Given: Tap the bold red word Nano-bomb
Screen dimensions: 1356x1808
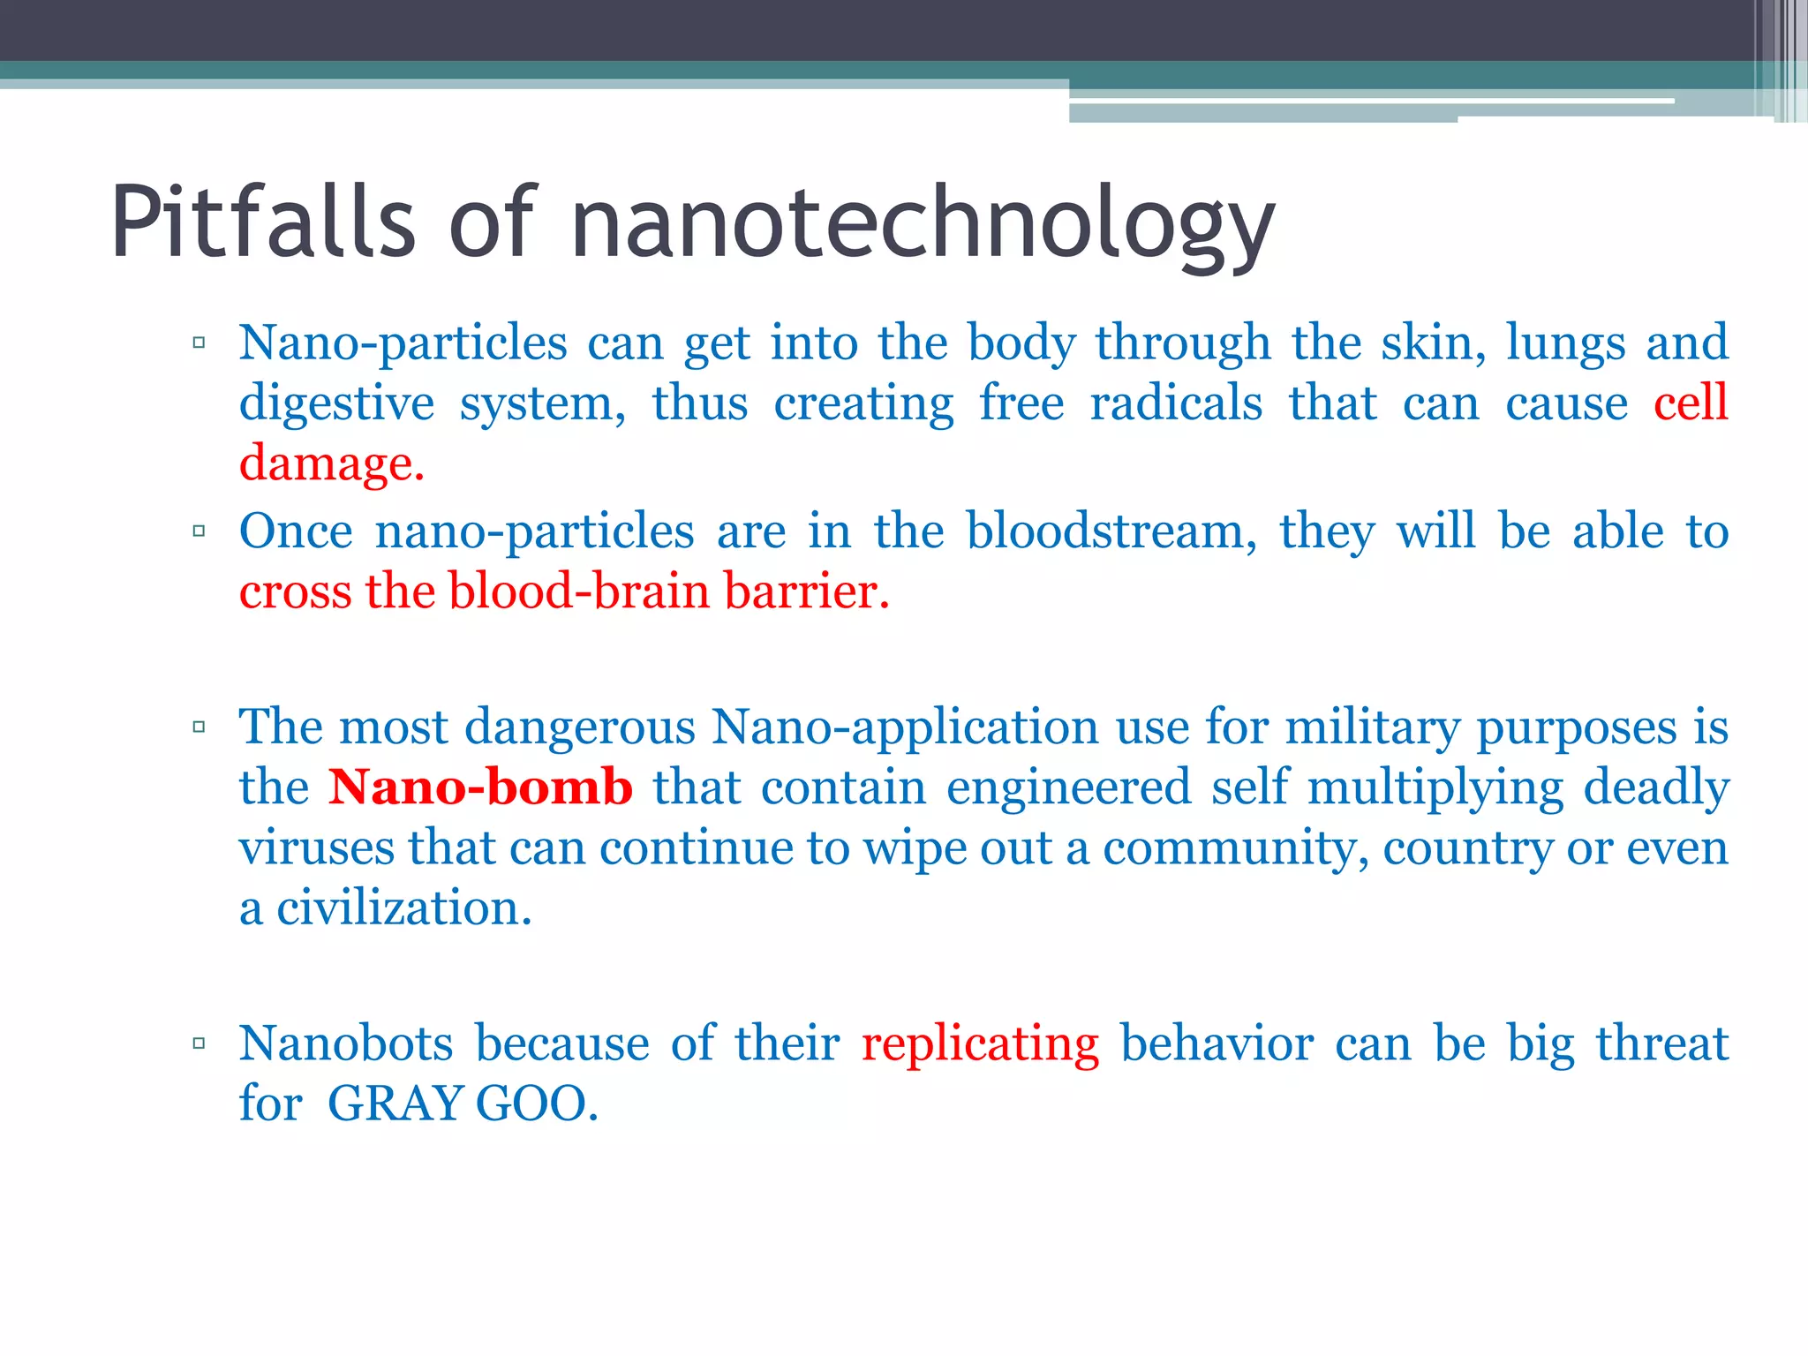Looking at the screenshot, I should tap(480, 787).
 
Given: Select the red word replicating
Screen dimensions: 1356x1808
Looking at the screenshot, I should tap(980, 1044).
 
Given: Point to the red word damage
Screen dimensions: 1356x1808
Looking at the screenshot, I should tap(331, 463).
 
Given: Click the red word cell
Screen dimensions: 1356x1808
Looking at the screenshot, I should tap(1691, 403).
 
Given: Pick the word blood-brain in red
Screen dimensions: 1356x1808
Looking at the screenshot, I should tap(578, 591).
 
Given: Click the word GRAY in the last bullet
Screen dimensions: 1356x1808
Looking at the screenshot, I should tap(395, 1104).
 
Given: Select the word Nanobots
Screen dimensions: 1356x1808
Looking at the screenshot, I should tap(346, 1043).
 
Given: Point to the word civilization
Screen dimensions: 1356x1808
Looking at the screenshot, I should tap(403, 908).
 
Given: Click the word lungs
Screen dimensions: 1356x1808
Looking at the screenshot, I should tap(1565, 343).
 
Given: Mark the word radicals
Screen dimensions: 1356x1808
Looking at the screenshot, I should tap(1176, 403).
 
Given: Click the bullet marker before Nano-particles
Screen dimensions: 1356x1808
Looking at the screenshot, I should tap(199, 343).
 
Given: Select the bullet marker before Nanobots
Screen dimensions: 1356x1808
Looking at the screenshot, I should tap(199, 1043).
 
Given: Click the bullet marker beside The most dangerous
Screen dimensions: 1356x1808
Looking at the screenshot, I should tap(199, 727).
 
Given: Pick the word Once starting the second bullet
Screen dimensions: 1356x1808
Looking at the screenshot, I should tap(296, 531).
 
